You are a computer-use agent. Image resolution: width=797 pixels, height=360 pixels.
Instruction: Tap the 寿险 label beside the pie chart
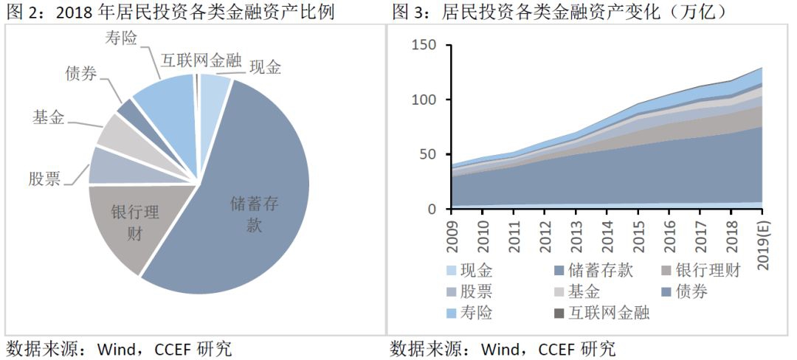121,38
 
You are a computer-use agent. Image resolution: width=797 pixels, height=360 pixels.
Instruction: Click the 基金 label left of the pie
48,117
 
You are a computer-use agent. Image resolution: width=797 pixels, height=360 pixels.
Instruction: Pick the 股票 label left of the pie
44,178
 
